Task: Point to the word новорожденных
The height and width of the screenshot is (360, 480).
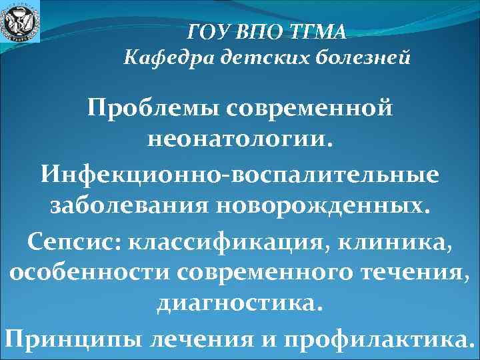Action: click(318, 206)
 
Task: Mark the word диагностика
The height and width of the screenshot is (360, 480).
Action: click(239, 305)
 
